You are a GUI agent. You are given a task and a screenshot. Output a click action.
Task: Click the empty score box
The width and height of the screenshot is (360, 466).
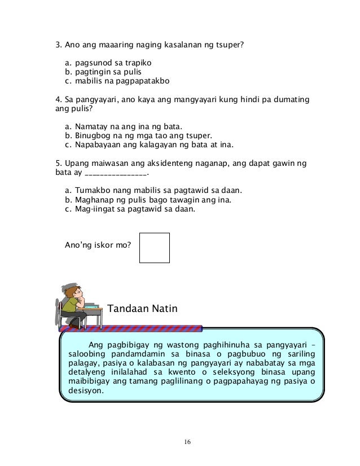pos(155,248)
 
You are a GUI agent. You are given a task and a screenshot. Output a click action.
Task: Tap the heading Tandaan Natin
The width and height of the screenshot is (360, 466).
pos(142,309)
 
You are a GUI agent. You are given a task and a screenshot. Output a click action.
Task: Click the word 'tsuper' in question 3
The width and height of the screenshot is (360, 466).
pos(230,43)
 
